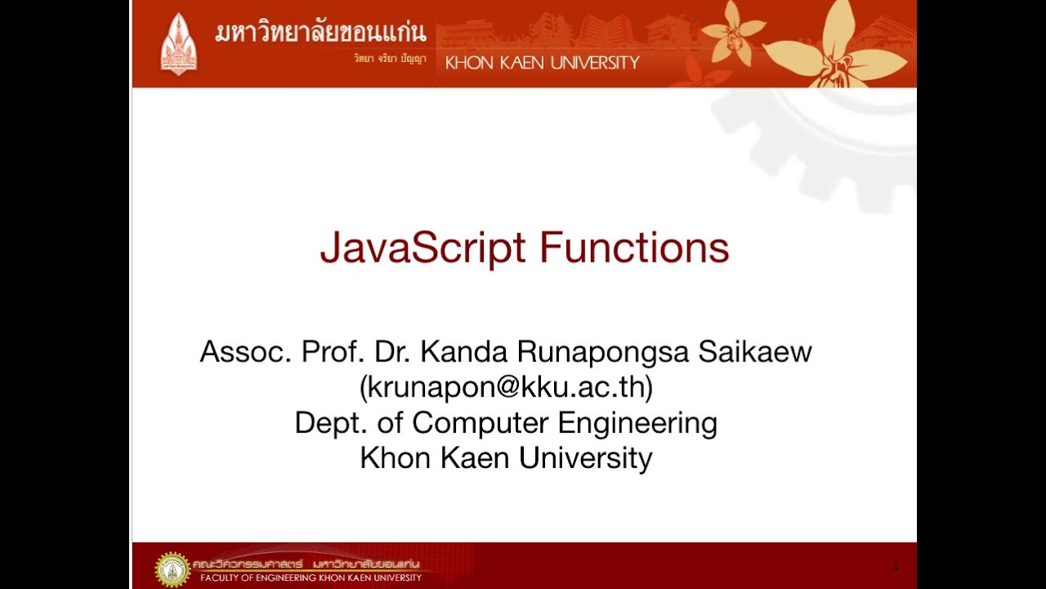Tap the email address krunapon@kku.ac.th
point(506,387)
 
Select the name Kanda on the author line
point(464,353)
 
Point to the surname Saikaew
point(754,353)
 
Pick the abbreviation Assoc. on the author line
point(246,353)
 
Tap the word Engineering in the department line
point(637,423)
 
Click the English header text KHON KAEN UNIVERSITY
point(542,63)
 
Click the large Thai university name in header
point(320,33)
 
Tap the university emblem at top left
point(178,43)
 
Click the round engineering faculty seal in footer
point(172,569)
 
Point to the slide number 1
point(896,566)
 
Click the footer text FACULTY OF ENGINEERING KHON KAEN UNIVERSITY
point(311,578)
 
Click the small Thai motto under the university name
point(390,59)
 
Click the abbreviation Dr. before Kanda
point(392,353)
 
